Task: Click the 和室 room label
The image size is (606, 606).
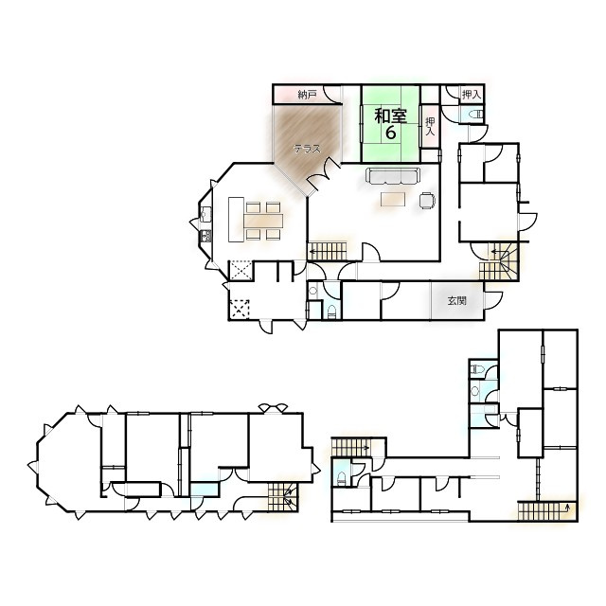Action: pos(391,116)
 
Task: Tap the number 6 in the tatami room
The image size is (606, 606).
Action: pos(391,133)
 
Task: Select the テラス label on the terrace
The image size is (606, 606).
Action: pos(307,149)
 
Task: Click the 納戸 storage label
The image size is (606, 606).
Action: pos(307,95)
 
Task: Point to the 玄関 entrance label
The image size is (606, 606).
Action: pos(456,301)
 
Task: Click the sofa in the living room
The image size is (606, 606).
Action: pos(392,176)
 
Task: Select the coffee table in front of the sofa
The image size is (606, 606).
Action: pos(393,200)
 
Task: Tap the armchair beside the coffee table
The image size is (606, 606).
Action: pos(427,200)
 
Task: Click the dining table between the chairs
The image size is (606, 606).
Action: pos(263,222)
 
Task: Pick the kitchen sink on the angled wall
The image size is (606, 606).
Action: pos(205,214)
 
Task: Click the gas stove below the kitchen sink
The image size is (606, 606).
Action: pos(205,236)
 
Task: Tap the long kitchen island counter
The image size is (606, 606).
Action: pos(236,220)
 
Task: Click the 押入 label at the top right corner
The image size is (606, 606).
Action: pos(472,94)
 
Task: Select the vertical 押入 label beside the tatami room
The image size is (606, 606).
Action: pos(430,126)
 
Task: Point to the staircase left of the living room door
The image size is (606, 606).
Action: pos(327,252)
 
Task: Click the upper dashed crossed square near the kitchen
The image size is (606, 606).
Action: pos(241,270)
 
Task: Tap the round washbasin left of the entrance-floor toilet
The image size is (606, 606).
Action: pos(313,290)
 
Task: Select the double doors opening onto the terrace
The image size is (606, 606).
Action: pos(324,173)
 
